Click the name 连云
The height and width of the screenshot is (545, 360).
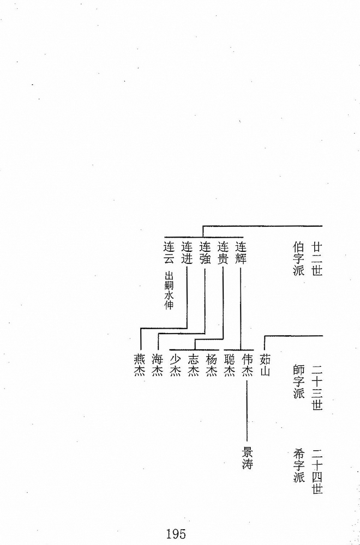pos(169,253)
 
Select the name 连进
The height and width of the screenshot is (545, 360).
pos(187,253)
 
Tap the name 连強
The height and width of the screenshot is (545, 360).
pos(205,253)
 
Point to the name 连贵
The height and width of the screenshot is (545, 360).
pos(223,253)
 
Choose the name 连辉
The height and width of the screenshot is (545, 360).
pos(241,253)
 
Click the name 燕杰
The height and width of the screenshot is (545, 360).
pos(140,365)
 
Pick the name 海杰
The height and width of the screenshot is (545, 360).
pos(158,365)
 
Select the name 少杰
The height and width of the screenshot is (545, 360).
pos(176,365)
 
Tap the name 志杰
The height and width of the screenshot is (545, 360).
pos(194,365)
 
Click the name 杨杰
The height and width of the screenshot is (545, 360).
pos(212,365)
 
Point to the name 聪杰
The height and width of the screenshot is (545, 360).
pos(230,365)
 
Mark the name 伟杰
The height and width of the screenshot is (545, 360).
pos(247,365)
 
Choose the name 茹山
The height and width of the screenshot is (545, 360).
pos(265,365)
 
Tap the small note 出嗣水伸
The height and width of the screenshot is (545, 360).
pos(169,290)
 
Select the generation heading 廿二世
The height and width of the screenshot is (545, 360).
pos(317,259)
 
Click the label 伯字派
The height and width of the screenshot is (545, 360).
pos(299,259)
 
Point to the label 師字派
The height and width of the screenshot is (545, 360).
pos(299,381)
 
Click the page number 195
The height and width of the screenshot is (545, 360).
pos(176,533)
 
